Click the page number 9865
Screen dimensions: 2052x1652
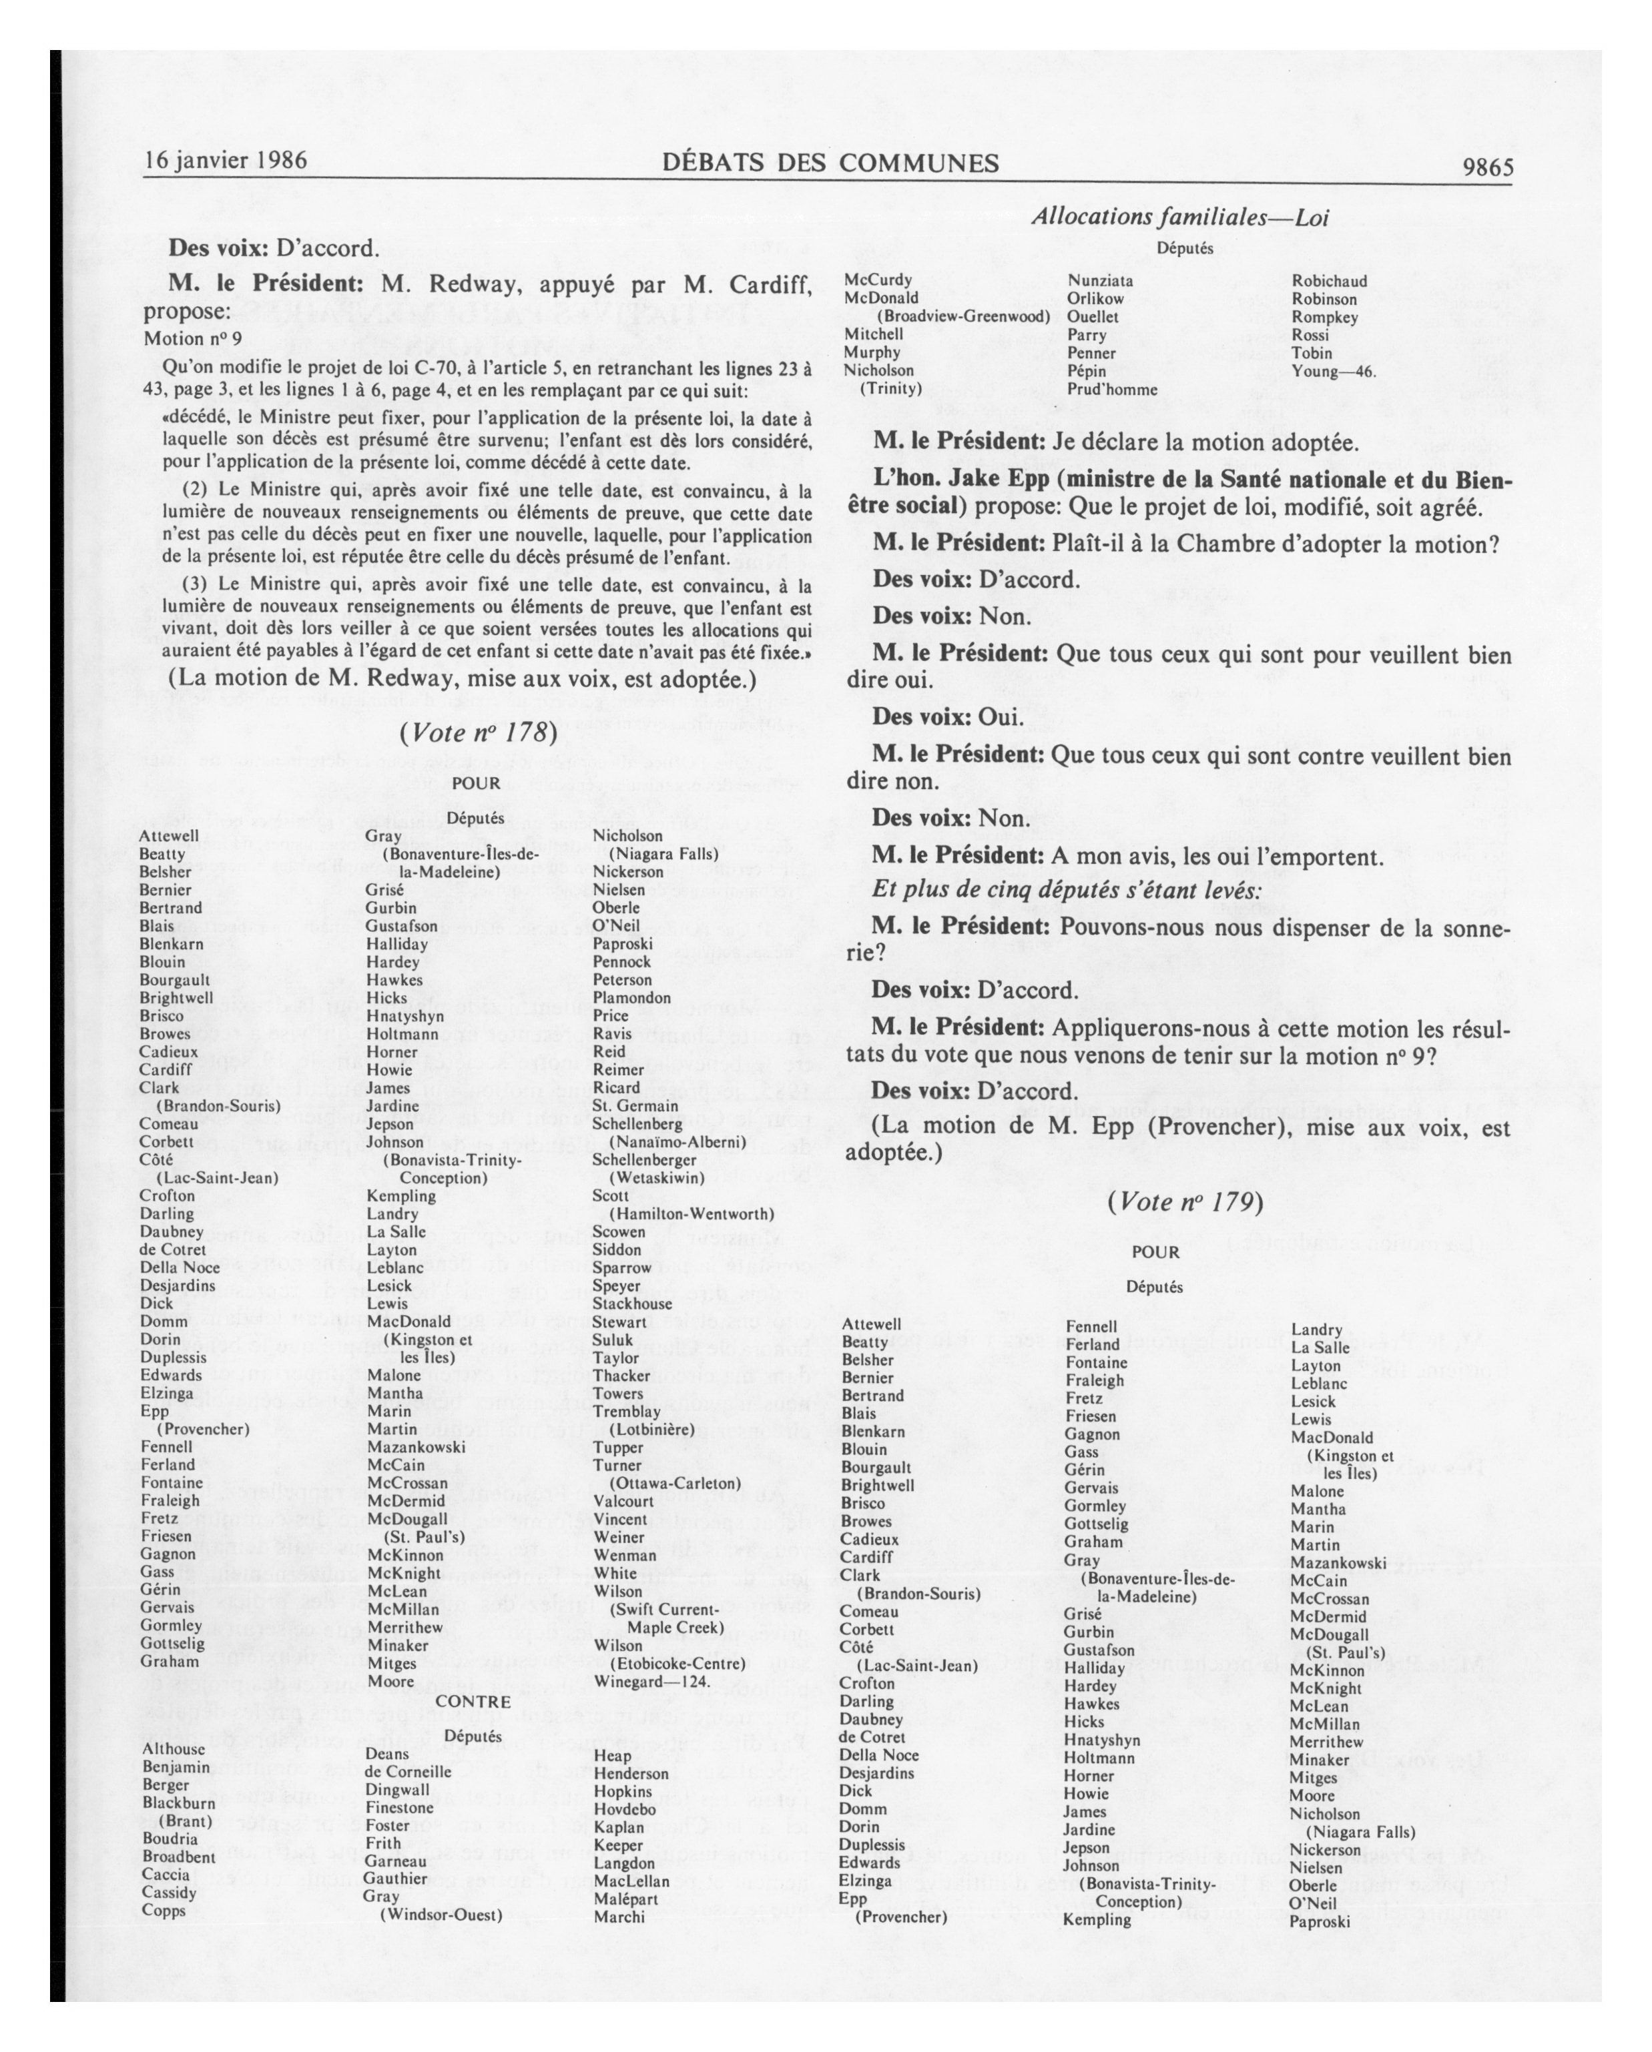pos(1487,167)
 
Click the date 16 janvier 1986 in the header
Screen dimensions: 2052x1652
pos(226,160)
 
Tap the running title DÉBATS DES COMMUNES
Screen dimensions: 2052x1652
pos(829,163)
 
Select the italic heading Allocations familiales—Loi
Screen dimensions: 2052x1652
pos(1179,217)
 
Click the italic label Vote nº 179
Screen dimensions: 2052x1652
pos(1185,1201)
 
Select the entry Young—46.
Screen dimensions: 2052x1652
pos(1333,371)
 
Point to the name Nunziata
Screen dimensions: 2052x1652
pos(1100,281)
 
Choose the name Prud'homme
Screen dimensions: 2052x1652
pos(1112,390)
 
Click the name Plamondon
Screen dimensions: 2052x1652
pos(632,999)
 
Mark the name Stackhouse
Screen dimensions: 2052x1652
pos(632,1304)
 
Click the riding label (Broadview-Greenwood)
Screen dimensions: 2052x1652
pos(962,316)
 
